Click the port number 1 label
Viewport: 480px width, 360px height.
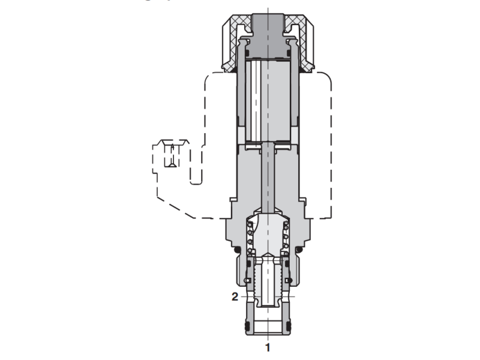coord(268,347)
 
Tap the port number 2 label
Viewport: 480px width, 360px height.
coord(235,296)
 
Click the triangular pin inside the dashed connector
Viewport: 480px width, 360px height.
coord(172,159)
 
